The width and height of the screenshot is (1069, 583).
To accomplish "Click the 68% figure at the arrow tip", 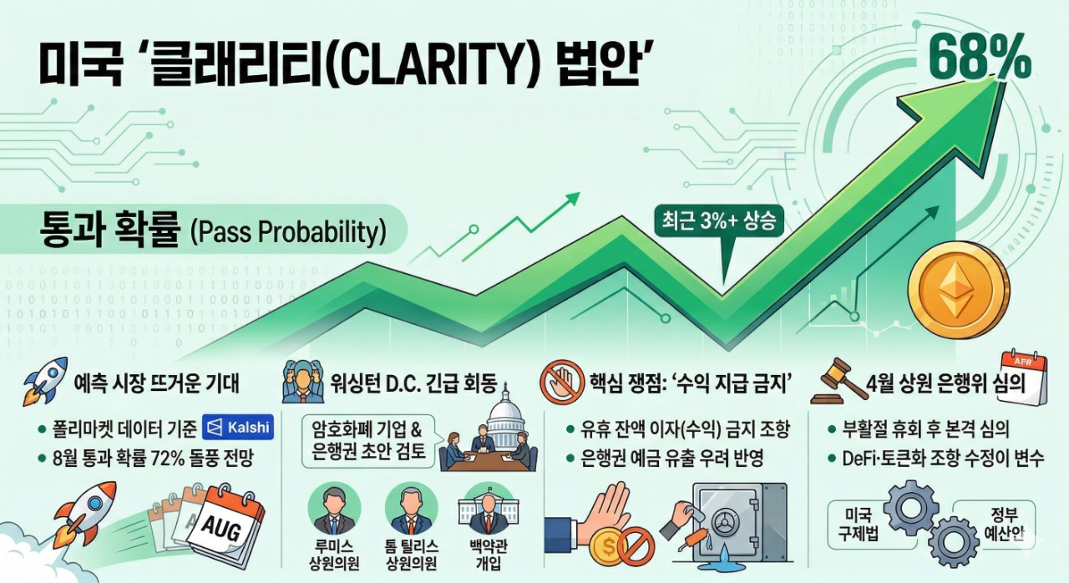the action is [x=980, y=57].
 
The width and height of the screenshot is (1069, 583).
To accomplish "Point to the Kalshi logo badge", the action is [x=238, y=427].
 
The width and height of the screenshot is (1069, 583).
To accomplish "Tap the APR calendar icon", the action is [x=1023, y=377].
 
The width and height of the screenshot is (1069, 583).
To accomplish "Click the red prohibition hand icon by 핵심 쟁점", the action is [x=562, y=383].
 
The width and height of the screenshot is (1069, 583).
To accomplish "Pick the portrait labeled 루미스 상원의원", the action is [x=334, y=508].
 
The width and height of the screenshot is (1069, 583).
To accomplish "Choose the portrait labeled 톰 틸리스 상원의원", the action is [x=412, y=508].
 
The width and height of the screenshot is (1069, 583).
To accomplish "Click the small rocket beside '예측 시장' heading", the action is [x=45, y=382].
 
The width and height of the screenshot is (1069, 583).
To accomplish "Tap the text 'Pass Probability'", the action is [x=289, y=232].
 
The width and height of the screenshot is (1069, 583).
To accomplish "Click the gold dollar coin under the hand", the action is [x=608, y=546].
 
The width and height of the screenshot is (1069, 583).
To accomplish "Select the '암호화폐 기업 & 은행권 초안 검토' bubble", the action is [x=368, y=441].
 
